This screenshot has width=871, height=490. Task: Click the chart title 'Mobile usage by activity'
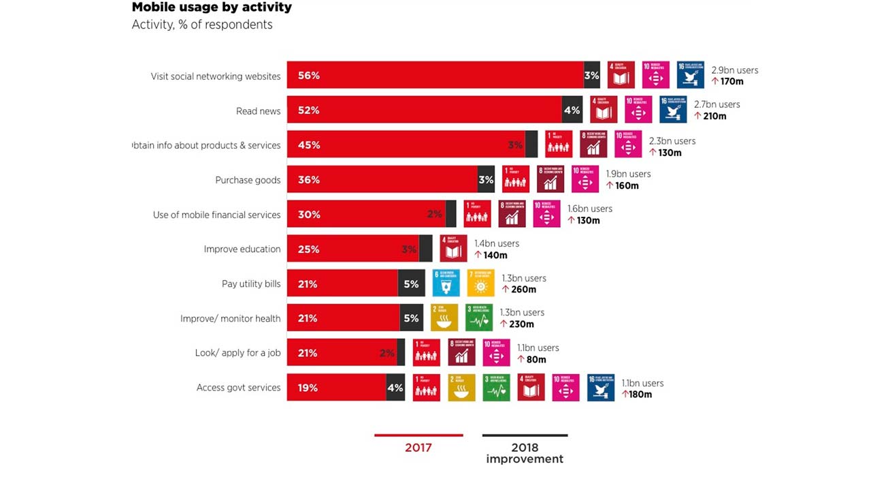pyautogui.click(x=212, y=7)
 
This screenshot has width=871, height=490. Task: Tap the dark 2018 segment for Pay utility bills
pyautogui.click(x=411, y=284)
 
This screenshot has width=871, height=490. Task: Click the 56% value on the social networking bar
pyautogui.click(x=308, y=76)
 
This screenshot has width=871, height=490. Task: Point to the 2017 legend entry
pyautogui.click(x=418, y=447)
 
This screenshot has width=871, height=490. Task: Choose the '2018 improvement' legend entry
pyautogui.click(x=525, y=453)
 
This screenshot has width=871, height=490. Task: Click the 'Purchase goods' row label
pyautogui.click(x=248, y=180)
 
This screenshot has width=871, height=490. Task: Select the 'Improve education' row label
pyautogui.click(x=242, y=249)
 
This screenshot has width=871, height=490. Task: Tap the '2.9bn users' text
pyautogui.click(x=734, y=70)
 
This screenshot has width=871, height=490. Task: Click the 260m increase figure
pyautogui.click(x=523, y=290)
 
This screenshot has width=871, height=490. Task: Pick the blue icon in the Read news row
pyautogui.click(x=673, y=110)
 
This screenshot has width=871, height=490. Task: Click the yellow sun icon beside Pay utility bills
pyautogui.click(x=480, y=284)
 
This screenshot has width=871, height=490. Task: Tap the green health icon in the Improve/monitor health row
pyautogui.click(x=479, y=318)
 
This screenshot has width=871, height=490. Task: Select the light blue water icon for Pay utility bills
pyautogui.click(x=446, y=284)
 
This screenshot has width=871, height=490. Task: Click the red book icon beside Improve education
pyautogui.click(x=454, y=249)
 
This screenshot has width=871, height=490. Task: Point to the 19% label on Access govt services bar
pyautogui.click(x=308, y=388)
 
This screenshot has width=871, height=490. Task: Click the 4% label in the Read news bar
pyautogui.click(x=572, y=110)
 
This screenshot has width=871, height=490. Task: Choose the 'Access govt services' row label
pyautogui.click(x=238, y=388)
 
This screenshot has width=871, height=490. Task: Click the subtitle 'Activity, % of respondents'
pyautogui.click(x=202, y=25)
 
